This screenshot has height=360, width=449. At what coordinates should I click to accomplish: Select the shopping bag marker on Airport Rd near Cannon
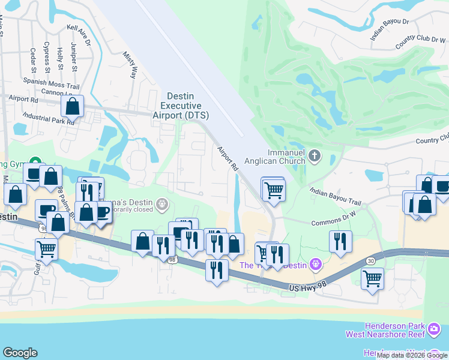[x=73, y=107]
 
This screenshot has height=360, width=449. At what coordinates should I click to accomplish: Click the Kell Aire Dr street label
[x=79, y=35]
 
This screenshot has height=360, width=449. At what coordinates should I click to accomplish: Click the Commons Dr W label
[x=333, y=223]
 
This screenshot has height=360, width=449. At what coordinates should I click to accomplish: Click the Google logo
[x=20, y=353]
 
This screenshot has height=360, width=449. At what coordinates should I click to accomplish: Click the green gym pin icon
[x=35, y=163]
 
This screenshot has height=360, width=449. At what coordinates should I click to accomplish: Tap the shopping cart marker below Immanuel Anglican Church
[x=274, y=190]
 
